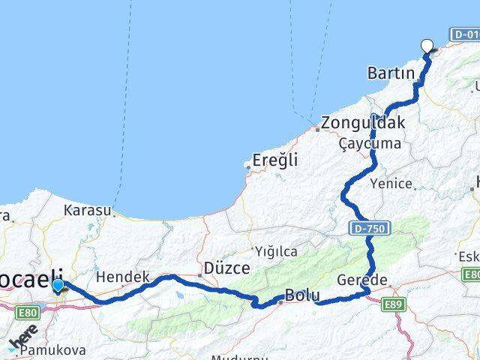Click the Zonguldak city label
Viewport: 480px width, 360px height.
pos(363,123)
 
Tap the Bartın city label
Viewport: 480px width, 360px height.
pos(391,73)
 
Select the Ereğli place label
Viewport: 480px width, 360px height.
pos(274,160)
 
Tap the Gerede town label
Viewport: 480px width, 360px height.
pos(363,280)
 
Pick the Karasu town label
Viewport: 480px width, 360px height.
pos(88,210)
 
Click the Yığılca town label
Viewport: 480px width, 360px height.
pos(276,251)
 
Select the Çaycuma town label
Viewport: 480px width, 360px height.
pos(369,142)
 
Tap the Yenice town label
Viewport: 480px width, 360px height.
pos(391,183)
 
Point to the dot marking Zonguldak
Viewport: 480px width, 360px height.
pos(318,129)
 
